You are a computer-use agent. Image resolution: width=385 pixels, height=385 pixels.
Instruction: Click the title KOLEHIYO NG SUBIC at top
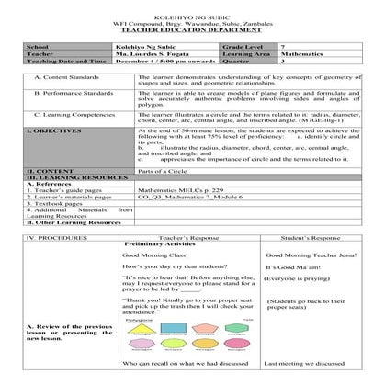192,6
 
